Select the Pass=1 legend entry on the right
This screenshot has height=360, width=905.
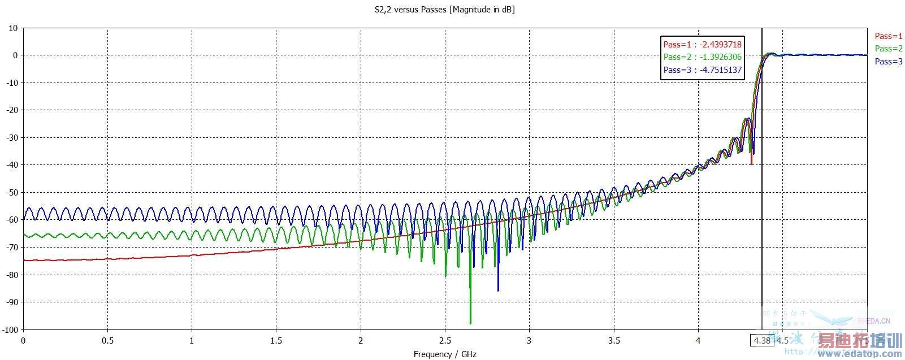889,36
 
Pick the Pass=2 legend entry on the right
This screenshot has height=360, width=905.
889,49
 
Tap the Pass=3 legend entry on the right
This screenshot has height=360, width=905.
889,62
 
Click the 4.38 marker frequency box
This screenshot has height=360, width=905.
761,340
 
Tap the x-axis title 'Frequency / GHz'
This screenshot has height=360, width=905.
444,354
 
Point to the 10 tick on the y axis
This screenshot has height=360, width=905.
13,28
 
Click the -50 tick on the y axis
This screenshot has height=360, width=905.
11,193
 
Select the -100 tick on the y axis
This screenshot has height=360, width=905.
10,330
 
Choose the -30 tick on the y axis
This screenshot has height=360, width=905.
11,138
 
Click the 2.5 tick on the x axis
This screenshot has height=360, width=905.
445,341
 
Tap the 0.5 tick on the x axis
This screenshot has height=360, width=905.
107,341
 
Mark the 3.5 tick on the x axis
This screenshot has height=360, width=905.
614,341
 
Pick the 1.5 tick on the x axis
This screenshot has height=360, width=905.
276,341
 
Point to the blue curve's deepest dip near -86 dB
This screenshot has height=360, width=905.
498,290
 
